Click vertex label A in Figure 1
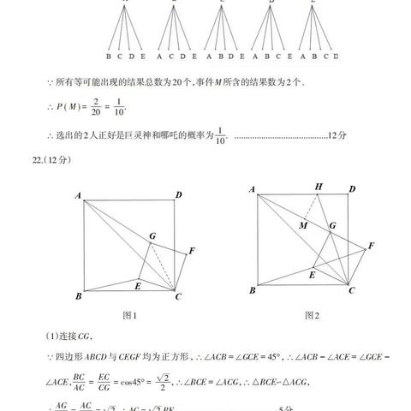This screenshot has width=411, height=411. tap(78, 195)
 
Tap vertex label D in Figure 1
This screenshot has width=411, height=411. tap(179, 194)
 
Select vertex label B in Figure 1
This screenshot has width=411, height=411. tap(78, 296)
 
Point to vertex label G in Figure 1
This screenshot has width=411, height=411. tap(152, 235)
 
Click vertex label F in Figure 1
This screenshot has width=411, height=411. tap(192, 250)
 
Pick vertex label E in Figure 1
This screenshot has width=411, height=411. tap(138, 283)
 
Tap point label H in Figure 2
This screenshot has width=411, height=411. tap(319, 187)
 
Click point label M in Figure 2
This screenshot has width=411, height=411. tap(302, 224)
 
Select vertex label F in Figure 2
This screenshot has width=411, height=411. tap(372, 247)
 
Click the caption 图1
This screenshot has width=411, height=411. tap(130, 315)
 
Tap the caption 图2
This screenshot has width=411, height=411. tap(312, 315)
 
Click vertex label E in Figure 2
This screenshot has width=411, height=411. tap(312, 275)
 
